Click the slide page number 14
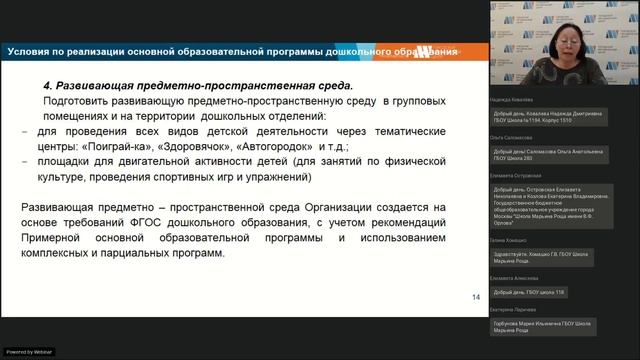tap(475, 297)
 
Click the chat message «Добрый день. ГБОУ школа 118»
tap(532, 291)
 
